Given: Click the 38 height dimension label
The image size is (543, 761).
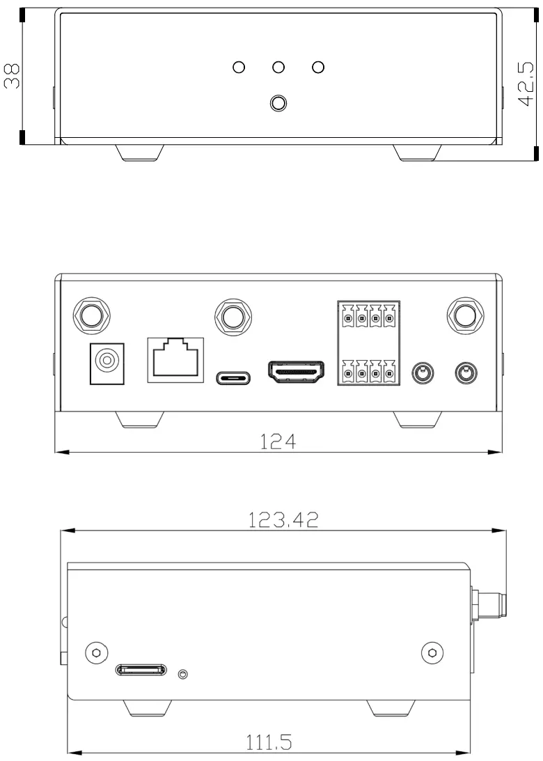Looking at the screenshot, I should [12, 74].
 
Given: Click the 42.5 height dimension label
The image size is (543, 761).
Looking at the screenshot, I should [526, 84].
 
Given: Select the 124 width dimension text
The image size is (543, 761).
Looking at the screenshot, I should [278, 442].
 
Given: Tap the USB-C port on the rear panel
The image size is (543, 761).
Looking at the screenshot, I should [233, 377].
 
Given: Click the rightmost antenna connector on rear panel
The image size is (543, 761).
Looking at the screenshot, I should [462, 315].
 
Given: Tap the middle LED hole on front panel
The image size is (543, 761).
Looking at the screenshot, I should [278, 68].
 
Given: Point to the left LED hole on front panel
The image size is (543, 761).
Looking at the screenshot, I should [238, 68].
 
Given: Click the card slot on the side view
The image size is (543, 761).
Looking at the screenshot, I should [142, 670].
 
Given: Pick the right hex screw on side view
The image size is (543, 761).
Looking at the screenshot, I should [433, 652].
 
